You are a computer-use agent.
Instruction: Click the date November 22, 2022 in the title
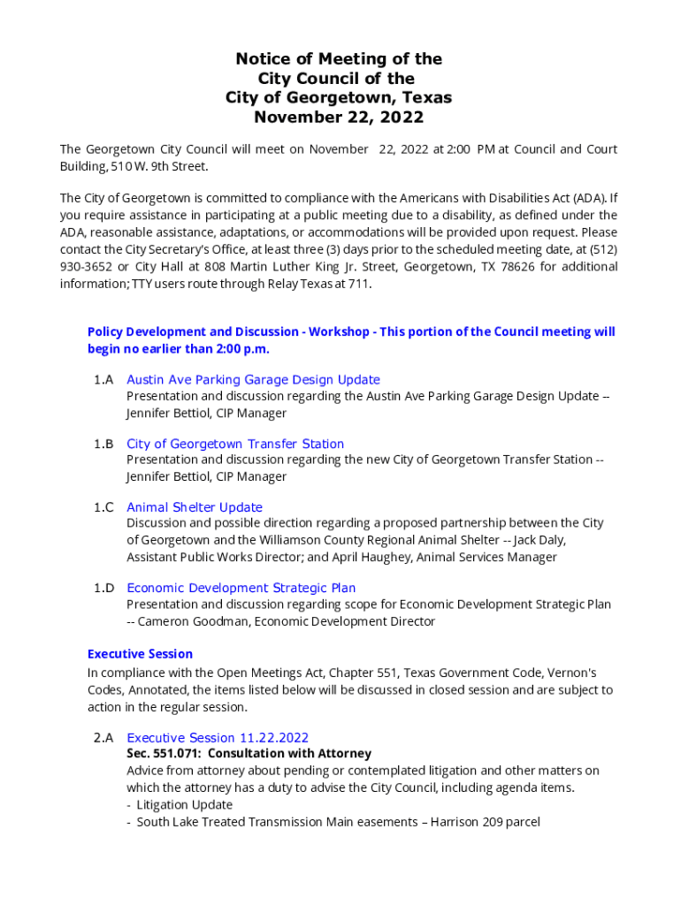[339, 117]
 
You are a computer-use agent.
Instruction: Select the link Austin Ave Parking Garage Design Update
[253, 380]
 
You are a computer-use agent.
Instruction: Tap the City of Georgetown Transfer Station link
[235, 444]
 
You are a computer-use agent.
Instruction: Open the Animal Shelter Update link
[195, 507]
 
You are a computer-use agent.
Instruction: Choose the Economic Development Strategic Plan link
[241, 588]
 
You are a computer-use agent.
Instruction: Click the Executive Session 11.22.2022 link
[218, 738]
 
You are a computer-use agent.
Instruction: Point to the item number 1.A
[103, 380]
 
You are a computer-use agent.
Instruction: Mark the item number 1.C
[103, 507]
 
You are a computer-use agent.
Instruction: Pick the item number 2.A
[103, 738]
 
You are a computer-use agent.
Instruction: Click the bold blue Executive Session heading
[140, 654]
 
